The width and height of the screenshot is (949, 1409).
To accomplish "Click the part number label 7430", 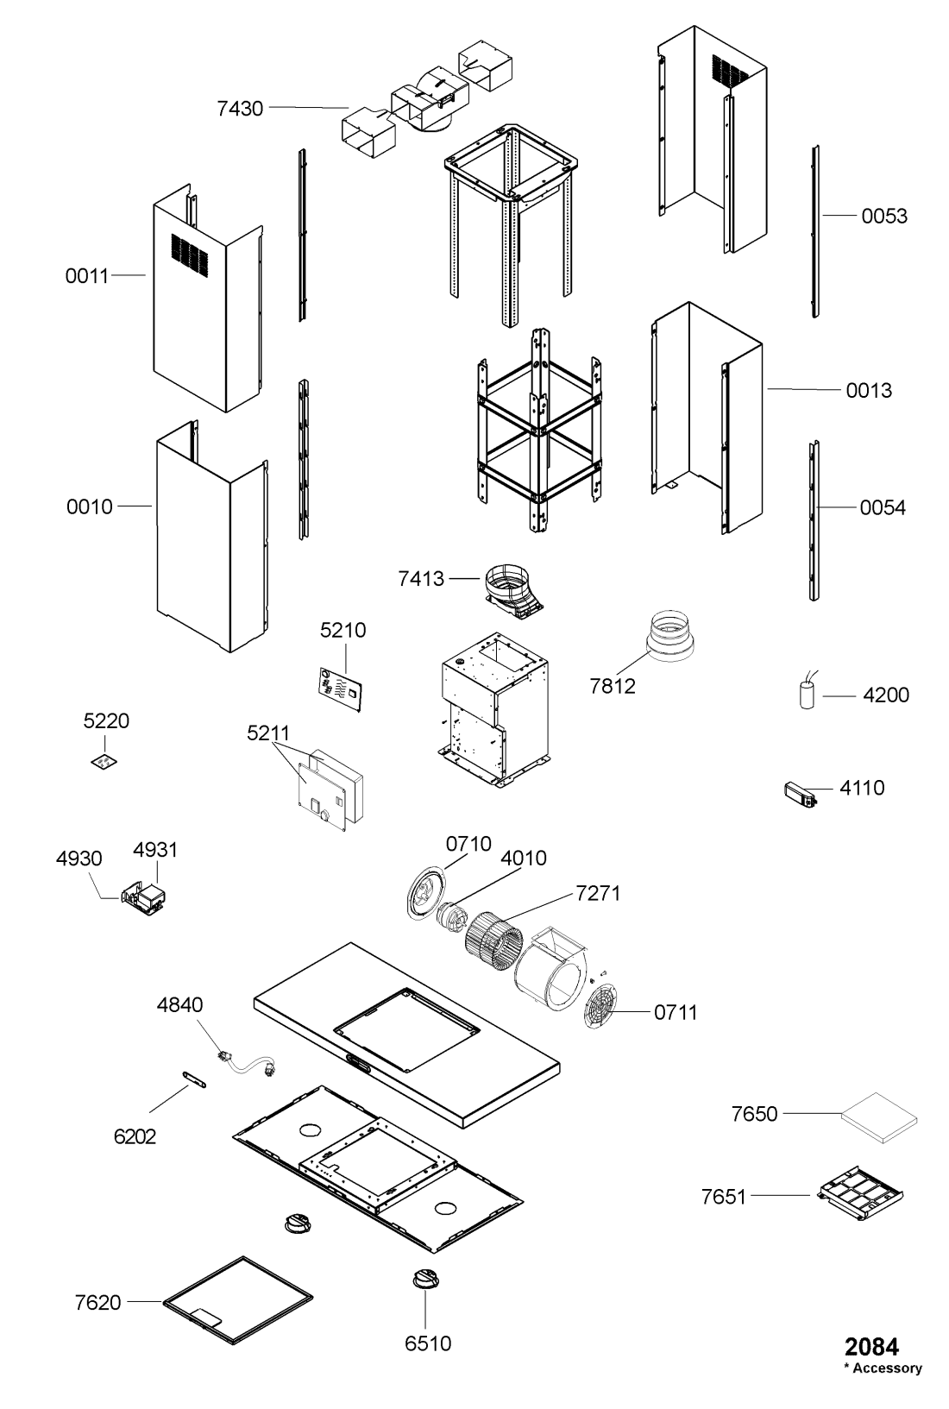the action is (x=240, y=109).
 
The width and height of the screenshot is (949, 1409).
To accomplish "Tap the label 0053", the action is (x=884, y=217).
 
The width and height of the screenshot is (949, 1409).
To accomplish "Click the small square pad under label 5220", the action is (x=104, y=762).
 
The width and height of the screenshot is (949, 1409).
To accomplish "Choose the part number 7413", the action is (x=421, y=579).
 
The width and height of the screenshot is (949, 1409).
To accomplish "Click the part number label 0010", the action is (x=90, y=507).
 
